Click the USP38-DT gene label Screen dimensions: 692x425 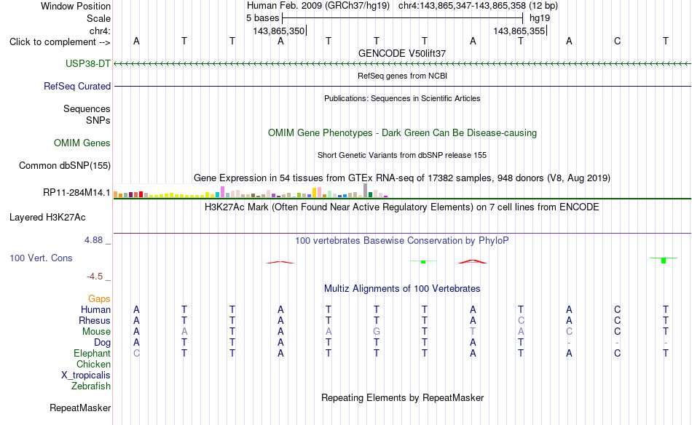click(88, 63)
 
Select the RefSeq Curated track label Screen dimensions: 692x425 click(77, 86)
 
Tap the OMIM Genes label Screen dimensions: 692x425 click(82, 143)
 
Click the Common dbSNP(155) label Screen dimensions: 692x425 click(65, 165)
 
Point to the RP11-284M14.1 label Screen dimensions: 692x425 click(76, 193)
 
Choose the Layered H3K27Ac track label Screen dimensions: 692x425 click(47, 217)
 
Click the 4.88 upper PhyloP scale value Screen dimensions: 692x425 click(93, 240)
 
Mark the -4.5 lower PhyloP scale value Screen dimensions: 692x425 click(95, 277)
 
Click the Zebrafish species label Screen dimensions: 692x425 click(91, 386)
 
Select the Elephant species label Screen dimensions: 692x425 click(93, 353)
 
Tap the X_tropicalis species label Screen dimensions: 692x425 click(86, 376)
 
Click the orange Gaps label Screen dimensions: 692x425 click(99, 298)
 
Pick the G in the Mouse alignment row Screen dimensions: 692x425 click(377, 332)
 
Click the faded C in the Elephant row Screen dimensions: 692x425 click(136, 353)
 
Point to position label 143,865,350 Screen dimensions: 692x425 click(278, 31)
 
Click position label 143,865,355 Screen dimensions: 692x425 click(519, 31)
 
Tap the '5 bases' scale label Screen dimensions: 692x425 click(262, 18)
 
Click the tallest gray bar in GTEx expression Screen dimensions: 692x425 click(365, 190)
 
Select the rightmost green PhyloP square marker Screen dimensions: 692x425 click(664, 261)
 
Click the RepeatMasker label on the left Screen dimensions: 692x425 click(80, 408)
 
